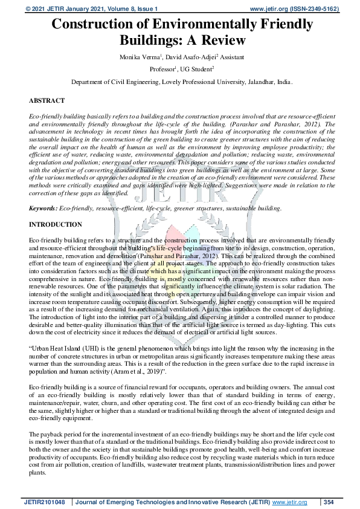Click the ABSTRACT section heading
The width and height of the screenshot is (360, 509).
(x=47, y=100)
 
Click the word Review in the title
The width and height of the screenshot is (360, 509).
(x=221, y=41)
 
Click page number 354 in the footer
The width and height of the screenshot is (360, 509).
(x=329, y=502)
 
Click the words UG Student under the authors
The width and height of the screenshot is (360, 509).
(x=198, y=69)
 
